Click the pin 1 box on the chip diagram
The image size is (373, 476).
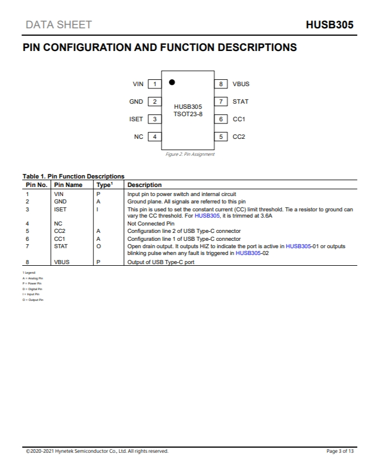(x=154, y=84)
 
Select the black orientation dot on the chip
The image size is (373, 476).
(x=172, y=82)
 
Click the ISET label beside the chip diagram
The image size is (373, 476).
(x=136, y=120)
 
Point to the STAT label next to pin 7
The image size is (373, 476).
(x=240, y=102)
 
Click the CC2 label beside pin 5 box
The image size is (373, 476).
(x=239, y=137)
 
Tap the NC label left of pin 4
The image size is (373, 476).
(x=138, y=137)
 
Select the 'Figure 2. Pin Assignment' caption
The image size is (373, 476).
(x=190, y=154)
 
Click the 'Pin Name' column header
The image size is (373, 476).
(x=68, y=185)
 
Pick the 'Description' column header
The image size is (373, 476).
(x=145, y=185)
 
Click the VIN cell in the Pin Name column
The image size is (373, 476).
(x=58, y=194)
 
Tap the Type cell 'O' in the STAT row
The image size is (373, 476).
(x=99, y=246)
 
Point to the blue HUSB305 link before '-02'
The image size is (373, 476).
(x=248, y=253)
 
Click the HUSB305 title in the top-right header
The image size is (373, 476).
(x=329, y=25)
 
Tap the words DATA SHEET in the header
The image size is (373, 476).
(x=58, y=25)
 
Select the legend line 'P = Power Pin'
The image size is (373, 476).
(x=32, y=283)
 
